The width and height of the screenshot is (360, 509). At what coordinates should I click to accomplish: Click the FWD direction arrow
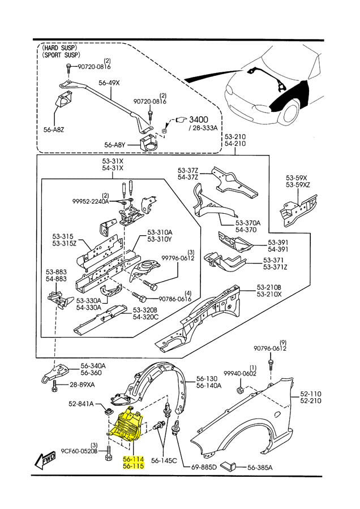tap(45, 460)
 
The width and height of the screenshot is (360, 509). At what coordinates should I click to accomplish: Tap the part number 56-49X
tap(109, 83)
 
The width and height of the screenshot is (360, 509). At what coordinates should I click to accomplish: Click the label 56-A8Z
tap(54, 130)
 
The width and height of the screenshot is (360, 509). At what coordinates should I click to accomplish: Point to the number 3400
tap(199, 119)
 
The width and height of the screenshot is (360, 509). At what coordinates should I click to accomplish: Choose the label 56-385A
tap(260, 468)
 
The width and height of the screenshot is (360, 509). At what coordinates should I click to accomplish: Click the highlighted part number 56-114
tap(133, 460)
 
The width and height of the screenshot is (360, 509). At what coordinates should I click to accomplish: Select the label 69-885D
tap(204, 468)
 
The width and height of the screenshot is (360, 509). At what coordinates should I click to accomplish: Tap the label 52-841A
tap(81, 404)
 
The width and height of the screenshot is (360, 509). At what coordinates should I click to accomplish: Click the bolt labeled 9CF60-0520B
tap(109, 453)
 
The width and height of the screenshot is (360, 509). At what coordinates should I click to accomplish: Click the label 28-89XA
tap(82, 385)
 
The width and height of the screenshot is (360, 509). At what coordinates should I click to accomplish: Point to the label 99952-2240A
tap(91, 201)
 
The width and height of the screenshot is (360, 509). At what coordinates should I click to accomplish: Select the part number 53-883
tap(56, 271)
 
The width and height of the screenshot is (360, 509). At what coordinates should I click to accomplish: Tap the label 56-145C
tap(164, 460)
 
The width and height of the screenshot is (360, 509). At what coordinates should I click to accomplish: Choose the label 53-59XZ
tap(298, 185)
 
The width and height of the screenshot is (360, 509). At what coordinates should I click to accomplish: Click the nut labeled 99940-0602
tap(241, 389)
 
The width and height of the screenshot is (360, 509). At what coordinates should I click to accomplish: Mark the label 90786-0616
tap(175, 299)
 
